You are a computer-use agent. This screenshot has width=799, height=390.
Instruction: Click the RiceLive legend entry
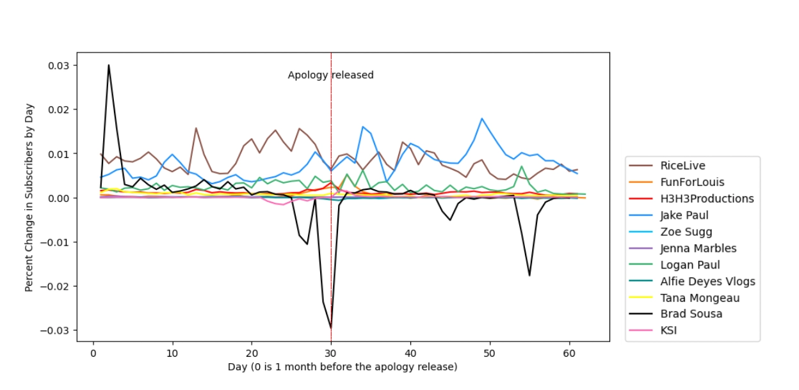[683, 166]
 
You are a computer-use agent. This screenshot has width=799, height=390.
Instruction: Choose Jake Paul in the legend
[684, 215]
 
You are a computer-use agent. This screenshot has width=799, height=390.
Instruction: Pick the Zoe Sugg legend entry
[686, 232]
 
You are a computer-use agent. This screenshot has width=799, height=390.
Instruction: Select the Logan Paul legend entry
[690, 265]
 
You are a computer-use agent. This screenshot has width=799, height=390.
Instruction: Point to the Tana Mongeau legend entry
[700, 298]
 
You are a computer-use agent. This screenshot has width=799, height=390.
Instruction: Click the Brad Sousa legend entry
[691, 314]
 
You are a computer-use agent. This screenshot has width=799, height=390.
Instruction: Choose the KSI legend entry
[668, 331]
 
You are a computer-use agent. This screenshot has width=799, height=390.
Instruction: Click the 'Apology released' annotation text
[330, 75]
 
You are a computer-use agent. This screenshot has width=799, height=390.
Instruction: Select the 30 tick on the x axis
[331, 352]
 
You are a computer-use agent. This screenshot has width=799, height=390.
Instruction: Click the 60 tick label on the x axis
[569, 352]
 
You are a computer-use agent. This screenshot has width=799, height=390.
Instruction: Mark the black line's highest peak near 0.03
[109, 65]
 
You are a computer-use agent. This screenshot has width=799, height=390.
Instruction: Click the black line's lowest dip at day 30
[331, 328]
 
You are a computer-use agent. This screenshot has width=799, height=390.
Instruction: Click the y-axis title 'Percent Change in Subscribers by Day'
[29, 198]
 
